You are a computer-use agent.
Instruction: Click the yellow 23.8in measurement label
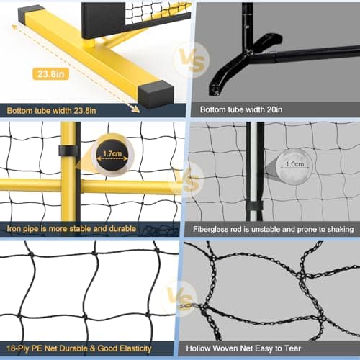(51, 74)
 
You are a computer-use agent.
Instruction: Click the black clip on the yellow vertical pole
(68, 151)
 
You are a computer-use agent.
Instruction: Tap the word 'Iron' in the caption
(16, 230)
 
